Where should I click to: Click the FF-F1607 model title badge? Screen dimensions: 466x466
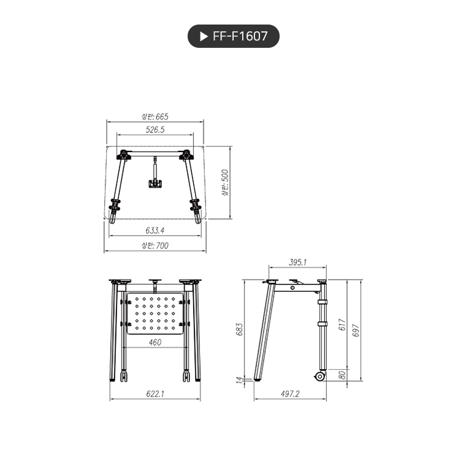(x=233, y=36)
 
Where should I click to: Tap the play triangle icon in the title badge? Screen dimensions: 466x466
(x=204, y=36)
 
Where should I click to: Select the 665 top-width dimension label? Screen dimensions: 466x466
(x=155, y=116)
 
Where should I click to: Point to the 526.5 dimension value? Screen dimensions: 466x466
(x=155, y=129)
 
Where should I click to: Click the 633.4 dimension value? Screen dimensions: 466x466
(x=155, y=231)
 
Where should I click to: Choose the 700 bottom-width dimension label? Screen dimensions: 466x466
(x=155, y=245)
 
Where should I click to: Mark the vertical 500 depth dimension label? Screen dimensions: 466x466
(x=225, y=182)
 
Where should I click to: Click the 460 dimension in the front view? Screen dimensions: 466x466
(x=155, y=342)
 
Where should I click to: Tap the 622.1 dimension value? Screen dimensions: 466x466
(x=155, y=394)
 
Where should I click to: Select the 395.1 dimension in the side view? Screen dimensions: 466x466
(x=297, y=262)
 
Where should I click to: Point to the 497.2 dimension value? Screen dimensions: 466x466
(x=289, y=394)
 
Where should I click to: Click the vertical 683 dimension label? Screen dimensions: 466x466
(x=240, y=330)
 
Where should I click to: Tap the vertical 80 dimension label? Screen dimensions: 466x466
(x=342, y=373)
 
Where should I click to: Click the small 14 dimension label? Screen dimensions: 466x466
(x=240, y=381)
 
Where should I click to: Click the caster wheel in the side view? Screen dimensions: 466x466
(x=319, y=376)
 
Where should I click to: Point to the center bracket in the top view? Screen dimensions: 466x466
(x=155, y=182)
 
